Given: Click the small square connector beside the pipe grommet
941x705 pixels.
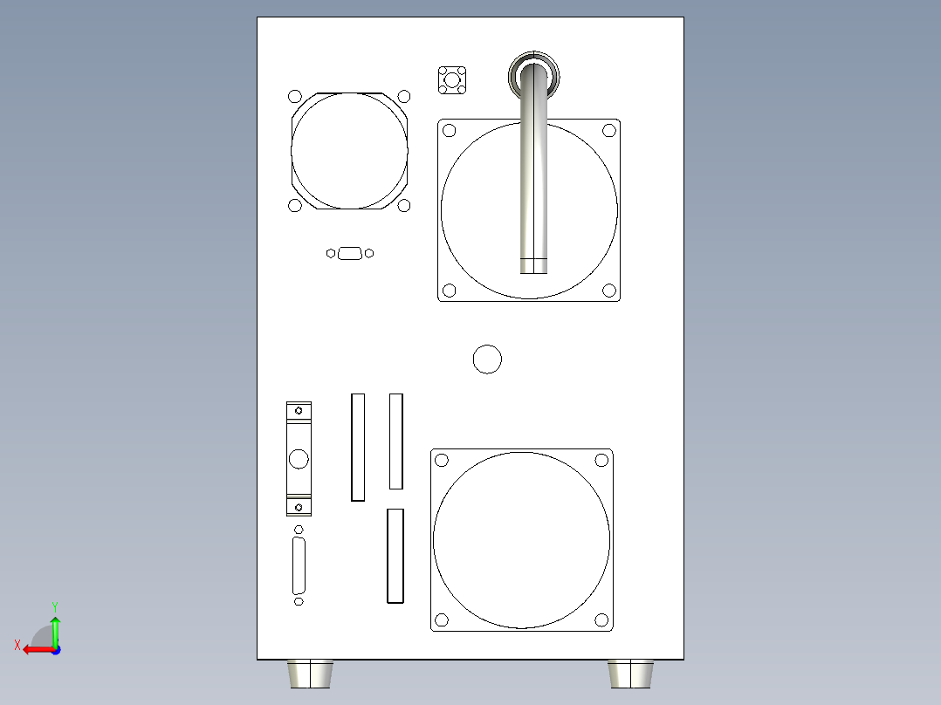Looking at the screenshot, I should point(451,79).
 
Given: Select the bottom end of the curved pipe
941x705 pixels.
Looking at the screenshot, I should point(533,265).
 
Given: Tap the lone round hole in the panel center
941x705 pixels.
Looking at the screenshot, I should point(487,359).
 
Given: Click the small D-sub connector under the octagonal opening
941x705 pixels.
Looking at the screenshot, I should point(350,253).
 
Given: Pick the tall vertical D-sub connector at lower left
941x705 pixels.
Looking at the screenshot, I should point(299,565).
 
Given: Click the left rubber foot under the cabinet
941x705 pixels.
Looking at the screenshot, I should point(310,674).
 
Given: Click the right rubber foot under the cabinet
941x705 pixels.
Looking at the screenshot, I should point(631,674).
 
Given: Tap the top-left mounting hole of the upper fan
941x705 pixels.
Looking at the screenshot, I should point(450,131).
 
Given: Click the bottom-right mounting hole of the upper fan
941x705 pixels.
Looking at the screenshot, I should point(608,290).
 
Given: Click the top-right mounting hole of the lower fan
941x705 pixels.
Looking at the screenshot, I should point(601,460).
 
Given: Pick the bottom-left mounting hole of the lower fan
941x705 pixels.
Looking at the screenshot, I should point(442,619).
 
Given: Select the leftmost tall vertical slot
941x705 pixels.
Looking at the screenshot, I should point(357,447).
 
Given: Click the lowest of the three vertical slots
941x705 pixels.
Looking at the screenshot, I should point(395,556).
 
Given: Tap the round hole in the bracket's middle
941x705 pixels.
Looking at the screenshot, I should point(299,459).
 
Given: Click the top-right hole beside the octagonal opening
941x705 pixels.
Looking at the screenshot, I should point(404,96).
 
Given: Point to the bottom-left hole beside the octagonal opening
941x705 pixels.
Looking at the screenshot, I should point(295,205).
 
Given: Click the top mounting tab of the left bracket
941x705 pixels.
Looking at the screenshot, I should point(299,409).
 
